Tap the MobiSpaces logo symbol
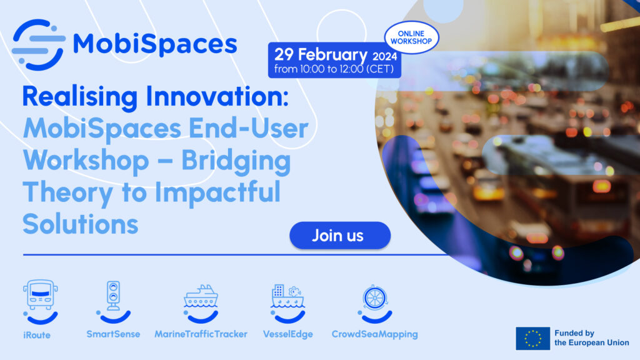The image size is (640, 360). pyautogui.click(x=38, y=44)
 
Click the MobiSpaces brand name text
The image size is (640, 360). pyautogui.click(x=155, y=44)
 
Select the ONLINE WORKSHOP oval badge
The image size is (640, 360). pyautogui.click(x=411, y=37)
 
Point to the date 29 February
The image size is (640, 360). pyautogui.click(x=318, y=54)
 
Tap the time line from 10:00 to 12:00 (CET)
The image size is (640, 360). pyautogui.click(x=334, y=69)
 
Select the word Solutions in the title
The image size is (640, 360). pyautogui.click(x=81, y=224)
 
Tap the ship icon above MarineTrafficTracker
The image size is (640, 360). pyautogui.click(x=201, y=296)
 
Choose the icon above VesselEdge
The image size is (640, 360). pyautogui.click(x=287, y=296)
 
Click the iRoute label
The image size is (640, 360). pyautogui.click(x=37, y=334)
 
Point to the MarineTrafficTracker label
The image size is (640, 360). pyautogui.click(x=201, y=334)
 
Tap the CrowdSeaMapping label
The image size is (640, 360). pyautogui.click(x=374, y=334)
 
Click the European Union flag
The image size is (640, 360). pyautogui.click(x=532, y=338)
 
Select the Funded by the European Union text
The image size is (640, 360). pyautogui.click(x=591, y=338)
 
